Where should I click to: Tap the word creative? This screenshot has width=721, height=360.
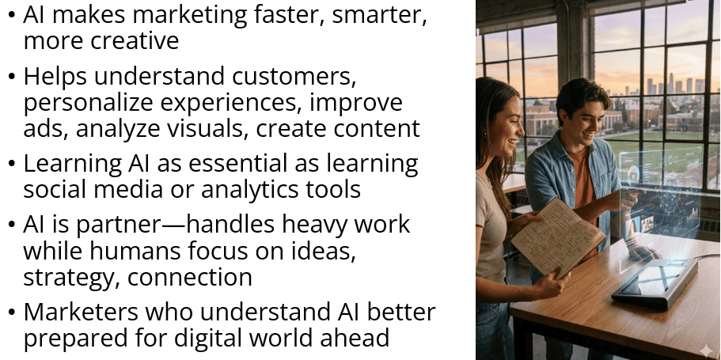pos(135,40)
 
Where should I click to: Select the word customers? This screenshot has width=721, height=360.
pos(294,76)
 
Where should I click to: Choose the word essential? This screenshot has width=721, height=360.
pos(239,163)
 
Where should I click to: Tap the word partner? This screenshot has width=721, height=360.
pos(119,225)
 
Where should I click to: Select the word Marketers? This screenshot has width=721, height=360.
pos(81,312)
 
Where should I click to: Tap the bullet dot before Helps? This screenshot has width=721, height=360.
pos(12,77)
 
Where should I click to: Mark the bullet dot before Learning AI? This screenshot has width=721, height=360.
pos(12,164)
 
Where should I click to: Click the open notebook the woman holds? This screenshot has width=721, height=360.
pos(557,237)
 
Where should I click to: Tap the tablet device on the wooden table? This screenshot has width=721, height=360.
pos(655,282)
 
